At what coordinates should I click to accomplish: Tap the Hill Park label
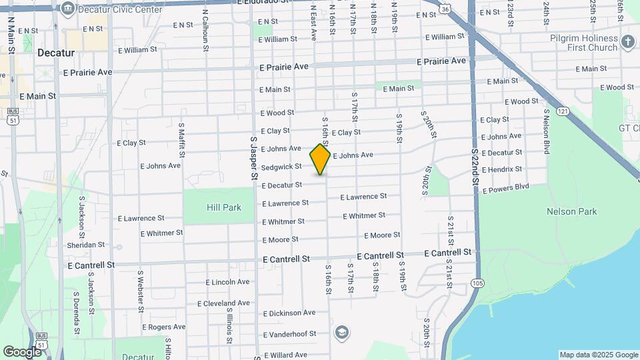point(223,208)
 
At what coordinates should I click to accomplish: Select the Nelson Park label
point(571,212)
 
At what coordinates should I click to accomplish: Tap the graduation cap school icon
point(341,332)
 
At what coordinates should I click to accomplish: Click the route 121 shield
point(563,111)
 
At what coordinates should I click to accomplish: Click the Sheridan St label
point(86,245)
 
